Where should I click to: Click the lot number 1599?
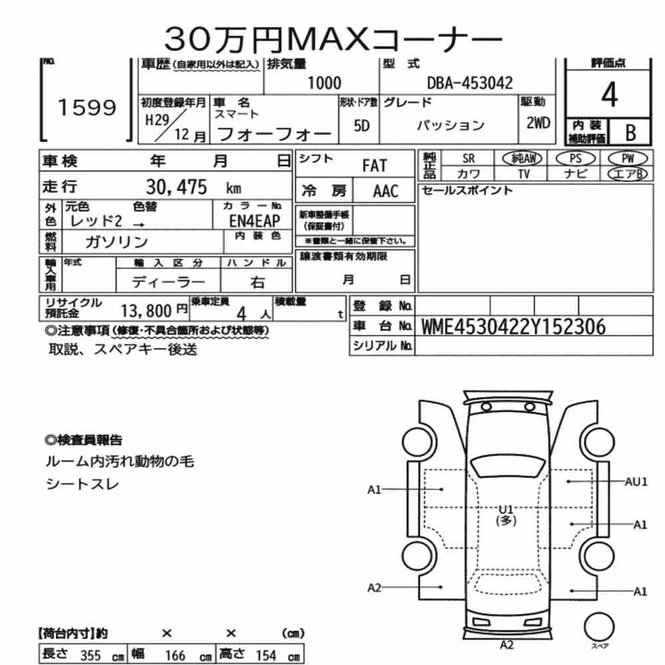(87, 107)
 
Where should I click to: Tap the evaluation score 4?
(609, 94)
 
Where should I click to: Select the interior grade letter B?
(630, 132)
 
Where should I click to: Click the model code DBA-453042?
(470, 83)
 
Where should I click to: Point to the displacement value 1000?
(324, 83)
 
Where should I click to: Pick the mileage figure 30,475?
(176, 187)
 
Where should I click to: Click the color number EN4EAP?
(255, 221)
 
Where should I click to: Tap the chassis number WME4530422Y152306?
(513, 327)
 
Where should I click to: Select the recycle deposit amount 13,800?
(146, 311)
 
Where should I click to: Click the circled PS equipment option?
(575, 159)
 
